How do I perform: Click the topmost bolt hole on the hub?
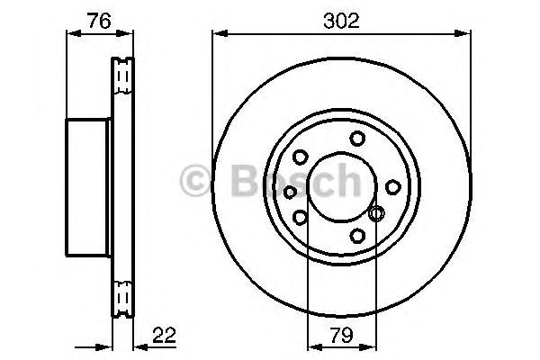[357, 138]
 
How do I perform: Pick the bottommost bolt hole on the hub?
[357, 236]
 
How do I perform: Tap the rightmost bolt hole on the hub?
[392, 186]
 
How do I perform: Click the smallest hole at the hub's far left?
[290, 191]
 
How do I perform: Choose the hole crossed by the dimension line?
[376, 213]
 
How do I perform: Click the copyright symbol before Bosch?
[195, 183]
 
